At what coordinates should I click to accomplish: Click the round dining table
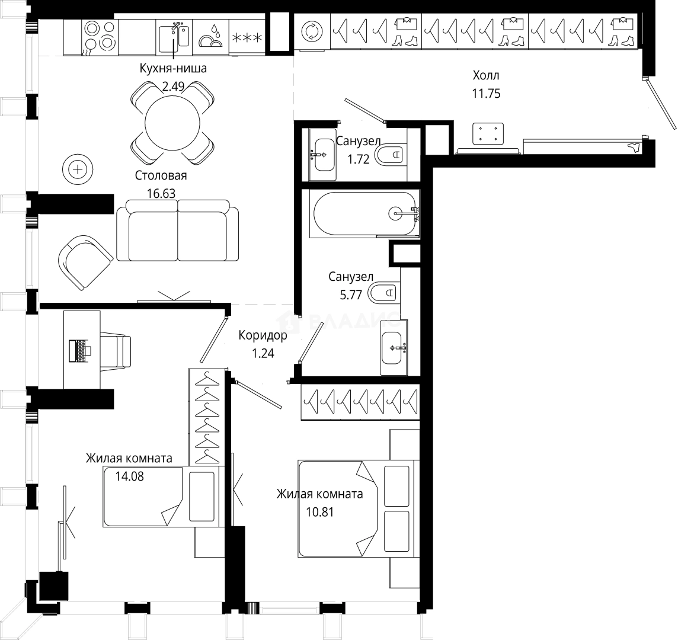click(172, 123)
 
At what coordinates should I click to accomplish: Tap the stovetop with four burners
click(99, 36)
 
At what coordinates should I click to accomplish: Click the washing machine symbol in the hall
click(311, 31)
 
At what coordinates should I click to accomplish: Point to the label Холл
click(486, 75)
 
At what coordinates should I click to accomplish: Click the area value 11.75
click(486, 93)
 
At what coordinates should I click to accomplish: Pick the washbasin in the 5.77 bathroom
click(392, 348)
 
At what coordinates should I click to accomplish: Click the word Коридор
click(263, 336)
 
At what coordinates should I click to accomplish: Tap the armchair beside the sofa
click(84, 261)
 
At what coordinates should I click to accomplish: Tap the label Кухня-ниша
click(172, 69)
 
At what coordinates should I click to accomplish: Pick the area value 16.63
click(161, 193)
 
